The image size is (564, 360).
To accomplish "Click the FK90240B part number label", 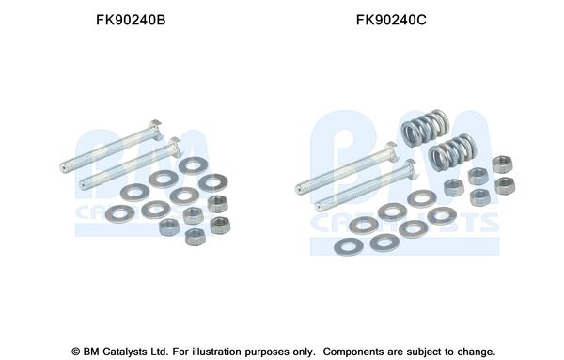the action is (131, 20).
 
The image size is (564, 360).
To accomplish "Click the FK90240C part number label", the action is (391, 20).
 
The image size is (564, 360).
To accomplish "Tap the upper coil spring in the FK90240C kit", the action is (425, 128).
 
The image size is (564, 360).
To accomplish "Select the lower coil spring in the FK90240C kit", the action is (452, 152).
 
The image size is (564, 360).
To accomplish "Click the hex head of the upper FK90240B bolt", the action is (157, 129).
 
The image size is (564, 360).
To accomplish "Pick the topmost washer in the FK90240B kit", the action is (193, 165).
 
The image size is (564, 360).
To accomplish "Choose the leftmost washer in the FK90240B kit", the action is (119, 214).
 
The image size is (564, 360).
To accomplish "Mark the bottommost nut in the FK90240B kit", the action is (195, 238).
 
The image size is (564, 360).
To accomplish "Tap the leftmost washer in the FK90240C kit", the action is (349, 247).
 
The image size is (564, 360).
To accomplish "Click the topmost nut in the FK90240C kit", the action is (503, 164).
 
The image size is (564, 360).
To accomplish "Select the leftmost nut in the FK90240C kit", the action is (454, 187).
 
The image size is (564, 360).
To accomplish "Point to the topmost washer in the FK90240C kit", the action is (422, 199).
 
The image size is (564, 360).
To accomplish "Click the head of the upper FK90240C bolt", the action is (391, 151).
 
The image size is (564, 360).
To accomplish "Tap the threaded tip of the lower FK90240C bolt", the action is (319, 208).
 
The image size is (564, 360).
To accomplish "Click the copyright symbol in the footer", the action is (75, 352).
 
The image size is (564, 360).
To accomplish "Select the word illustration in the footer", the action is (216, 352).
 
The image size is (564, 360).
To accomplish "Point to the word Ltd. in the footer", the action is (161, 352).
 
